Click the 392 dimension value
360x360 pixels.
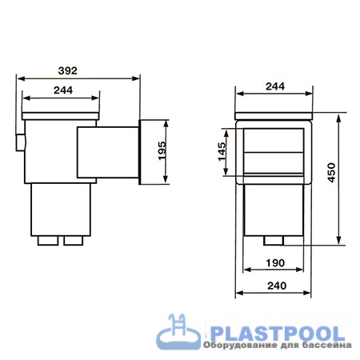[x=68, y=70]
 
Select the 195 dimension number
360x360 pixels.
[x=162, y=151]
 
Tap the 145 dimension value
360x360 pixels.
[x=222, y=152]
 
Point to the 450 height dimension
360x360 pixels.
[x=331, y=173]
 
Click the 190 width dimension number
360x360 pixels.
[x=275, y=263]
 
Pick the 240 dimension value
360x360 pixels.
[x=277, y=286]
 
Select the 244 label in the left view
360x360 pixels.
[x=63, y=90]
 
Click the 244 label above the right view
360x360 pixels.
[x=275, y=86]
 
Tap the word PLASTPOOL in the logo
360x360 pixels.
[x=278, y=334]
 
